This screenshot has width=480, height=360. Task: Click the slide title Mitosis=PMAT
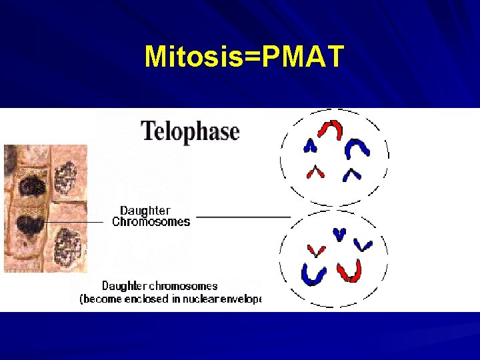click(x=244, y=57)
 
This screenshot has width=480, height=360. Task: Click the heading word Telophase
click(x=190, y=131)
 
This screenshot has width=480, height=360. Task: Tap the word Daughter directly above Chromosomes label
click(x=145, y=211)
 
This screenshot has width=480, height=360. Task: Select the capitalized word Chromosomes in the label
click(x=151, y=222)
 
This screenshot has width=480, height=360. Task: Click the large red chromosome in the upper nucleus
click(x=330, y=129)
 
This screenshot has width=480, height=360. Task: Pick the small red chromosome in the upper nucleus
click(x=315, y=172)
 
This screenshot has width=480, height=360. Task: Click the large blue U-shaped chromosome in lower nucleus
click(x=313, y=273)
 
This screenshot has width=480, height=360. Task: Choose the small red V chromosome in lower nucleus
click(x=315, y=251)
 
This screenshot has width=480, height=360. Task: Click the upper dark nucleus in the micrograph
click(x=31, y=185)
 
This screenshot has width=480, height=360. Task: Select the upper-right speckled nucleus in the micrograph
click(x=65, y=178)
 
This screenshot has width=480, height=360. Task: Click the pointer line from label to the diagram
click(x=243, y=217)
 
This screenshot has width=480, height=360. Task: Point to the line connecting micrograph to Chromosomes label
click(x=73, y=222)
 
